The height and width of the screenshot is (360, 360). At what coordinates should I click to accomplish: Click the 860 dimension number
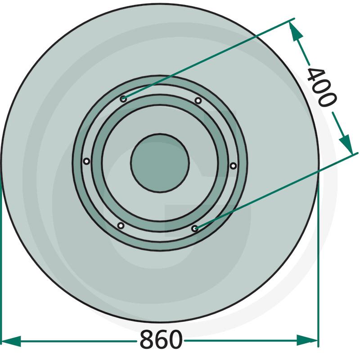pyautogui.click(x=161, y=339)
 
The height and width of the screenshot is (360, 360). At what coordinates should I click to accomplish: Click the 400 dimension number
pyautogui.click(x=322, y=87)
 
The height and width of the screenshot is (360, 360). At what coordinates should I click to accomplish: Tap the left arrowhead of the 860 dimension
pyautogui.click(x=11, y=341)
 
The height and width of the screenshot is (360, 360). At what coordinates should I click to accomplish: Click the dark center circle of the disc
pyautogui.click(x=160, y=163)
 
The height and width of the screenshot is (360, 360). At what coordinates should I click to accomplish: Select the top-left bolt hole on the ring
pyautogui.click(x=123, y=99)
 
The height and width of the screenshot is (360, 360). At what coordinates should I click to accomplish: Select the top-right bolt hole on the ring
pyautogui.click(x=198, y=100)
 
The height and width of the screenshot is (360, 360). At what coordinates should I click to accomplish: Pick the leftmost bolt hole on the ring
pyautogui.click(x=86, y=161)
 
